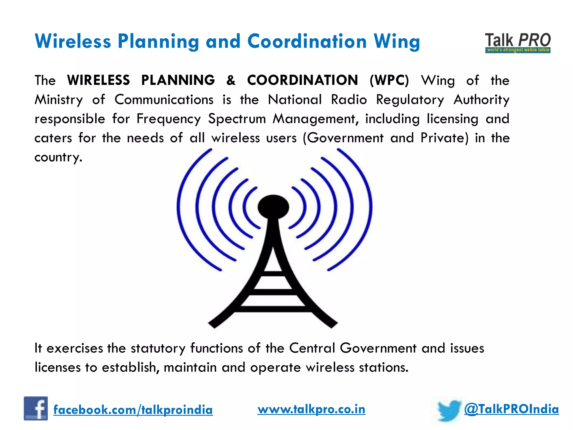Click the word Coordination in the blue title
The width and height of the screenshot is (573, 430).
tap(307, 41)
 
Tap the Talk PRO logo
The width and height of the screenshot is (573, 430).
tap(518, 43)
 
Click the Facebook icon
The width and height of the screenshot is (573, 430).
tap(36, 408)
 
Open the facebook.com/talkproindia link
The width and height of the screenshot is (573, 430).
tap(133, 410)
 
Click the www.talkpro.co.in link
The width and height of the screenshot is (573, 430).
tap(311, 409)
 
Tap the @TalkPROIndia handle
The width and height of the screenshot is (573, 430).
tap(511, 409)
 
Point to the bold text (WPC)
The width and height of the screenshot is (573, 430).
tap(389, 80)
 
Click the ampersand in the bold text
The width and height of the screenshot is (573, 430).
tap(231, 80)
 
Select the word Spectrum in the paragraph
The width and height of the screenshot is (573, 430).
tap(237, 119)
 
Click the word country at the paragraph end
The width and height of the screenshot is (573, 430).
tap(58, 157)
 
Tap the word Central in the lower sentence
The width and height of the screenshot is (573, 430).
tap(312, 348)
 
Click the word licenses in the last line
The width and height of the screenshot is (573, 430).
tap(57, 367)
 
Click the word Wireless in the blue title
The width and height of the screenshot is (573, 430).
tap(73, 41)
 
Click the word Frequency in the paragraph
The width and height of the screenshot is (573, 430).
tap(168, 119)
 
